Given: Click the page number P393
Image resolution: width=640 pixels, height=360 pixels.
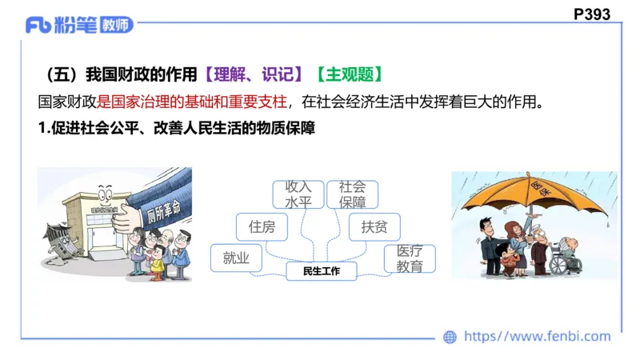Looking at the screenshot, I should [592, 14].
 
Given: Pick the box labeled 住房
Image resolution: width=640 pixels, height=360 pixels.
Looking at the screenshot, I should [262, 227].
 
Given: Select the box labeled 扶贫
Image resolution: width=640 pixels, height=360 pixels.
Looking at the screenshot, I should [374, 227].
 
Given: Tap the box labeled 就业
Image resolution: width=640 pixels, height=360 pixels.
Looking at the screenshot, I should [236, 258].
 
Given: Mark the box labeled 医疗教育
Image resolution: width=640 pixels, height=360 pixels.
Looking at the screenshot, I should [410, 258].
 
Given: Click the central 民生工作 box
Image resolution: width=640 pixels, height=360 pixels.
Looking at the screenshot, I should [322, 271].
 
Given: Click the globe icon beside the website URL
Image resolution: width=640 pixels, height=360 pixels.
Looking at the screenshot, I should [450, 337].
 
